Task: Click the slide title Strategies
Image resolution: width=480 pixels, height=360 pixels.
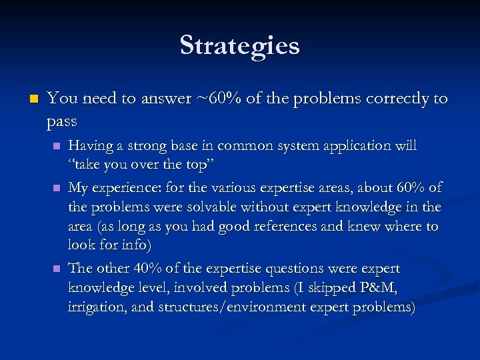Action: [239, 45]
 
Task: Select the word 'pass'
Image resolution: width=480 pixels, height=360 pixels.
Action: [62, 121]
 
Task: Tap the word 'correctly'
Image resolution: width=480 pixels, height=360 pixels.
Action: [395, 99]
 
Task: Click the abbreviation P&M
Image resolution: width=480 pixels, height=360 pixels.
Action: [378, 287]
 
